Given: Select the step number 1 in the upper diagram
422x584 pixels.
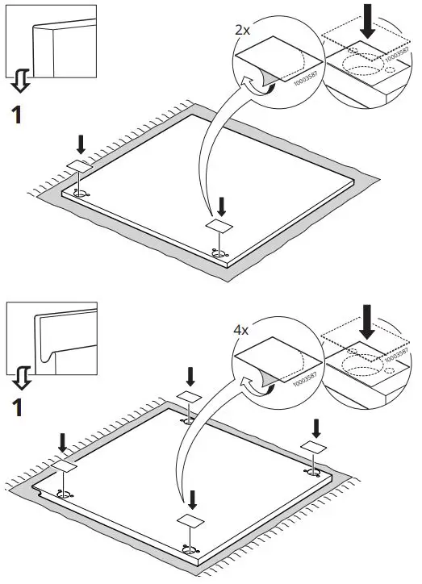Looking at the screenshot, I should point(16,115).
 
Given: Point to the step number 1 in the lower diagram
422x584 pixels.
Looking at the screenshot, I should point(16,407).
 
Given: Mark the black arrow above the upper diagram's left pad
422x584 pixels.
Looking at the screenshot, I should point(79,144).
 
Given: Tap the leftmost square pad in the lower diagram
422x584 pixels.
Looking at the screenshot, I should point(64,467).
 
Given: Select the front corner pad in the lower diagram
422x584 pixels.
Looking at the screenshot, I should point(191,520).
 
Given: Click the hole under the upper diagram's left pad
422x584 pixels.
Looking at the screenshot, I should point(81,194).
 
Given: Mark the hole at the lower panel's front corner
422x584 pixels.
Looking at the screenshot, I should point(190,549).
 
